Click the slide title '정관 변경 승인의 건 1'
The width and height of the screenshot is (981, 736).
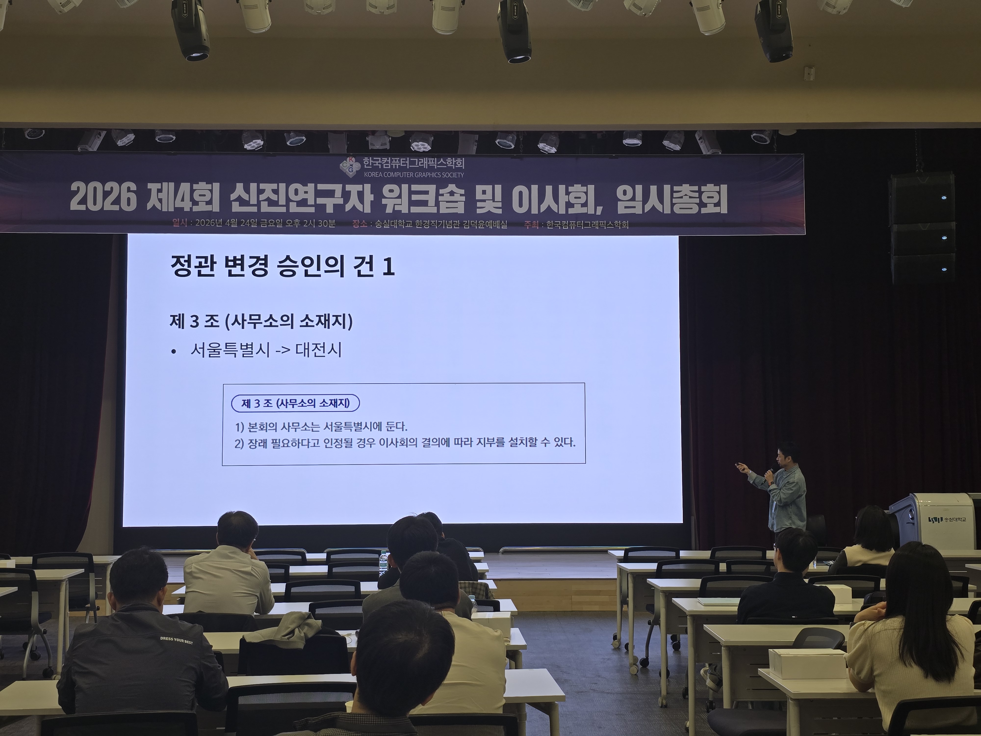[x=283, y=266]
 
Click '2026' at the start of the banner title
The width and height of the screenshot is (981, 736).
[x=103, y=198]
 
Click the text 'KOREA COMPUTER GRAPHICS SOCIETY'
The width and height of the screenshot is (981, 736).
[x=414, y=175]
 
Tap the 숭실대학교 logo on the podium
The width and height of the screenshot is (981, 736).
[x=948, y=520]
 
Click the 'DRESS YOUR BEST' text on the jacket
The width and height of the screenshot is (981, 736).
[x=177, y=640]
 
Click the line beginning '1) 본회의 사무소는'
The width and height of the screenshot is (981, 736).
[x=321, y=427]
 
